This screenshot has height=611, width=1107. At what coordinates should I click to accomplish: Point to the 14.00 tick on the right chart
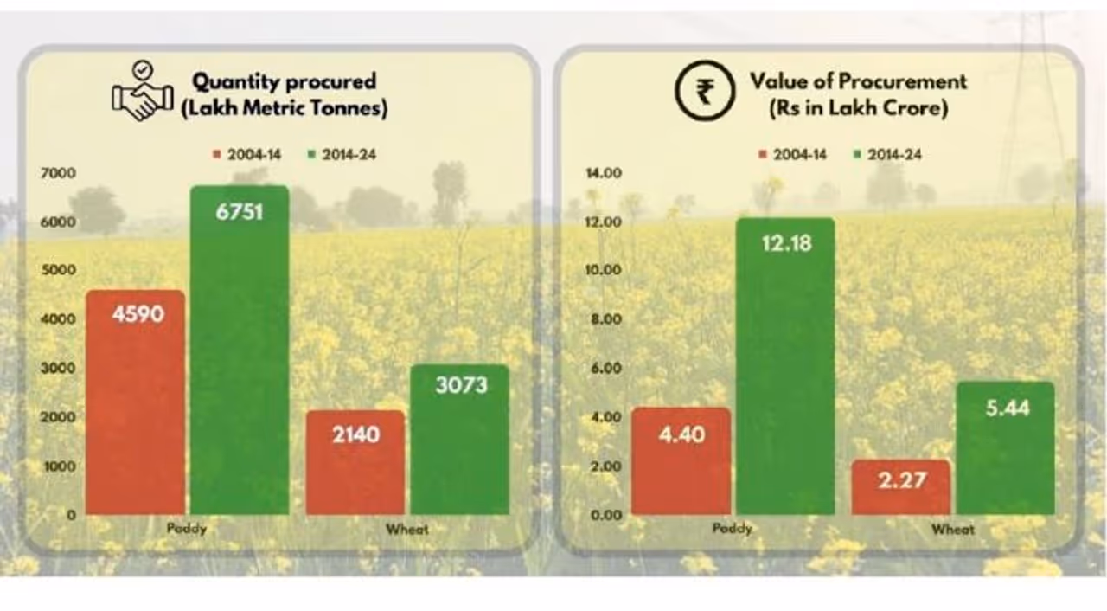[x=604, y=173]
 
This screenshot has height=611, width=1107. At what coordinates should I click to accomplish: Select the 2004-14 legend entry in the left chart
[x=247, y=155]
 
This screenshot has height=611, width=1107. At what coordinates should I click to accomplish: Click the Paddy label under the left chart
[x=186, y=529]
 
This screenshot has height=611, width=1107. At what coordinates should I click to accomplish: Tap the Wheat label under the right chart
[x=953, y=529]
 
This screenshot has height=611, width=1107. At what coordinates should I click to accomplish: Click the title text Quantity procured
[x=284, y=82]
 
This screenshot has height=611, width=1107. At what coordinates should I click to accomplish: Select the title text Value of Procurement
[x=858, y=82]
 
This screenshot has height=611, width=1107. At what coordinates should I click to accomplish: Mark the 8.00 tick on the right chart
[x=605, y=319]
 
